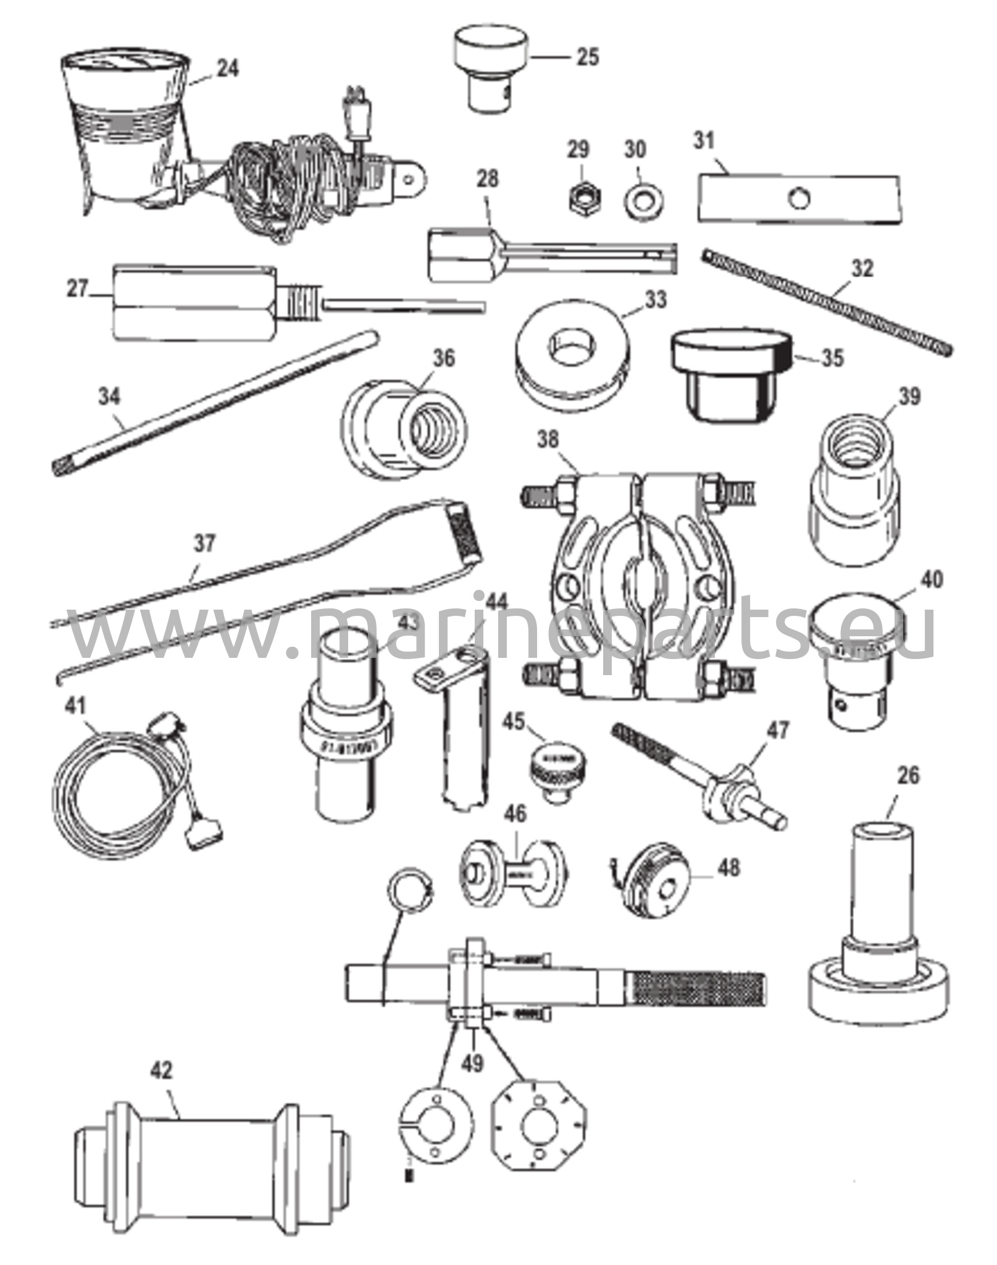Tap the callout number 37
pyautogui.click(x=204, y=544)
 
